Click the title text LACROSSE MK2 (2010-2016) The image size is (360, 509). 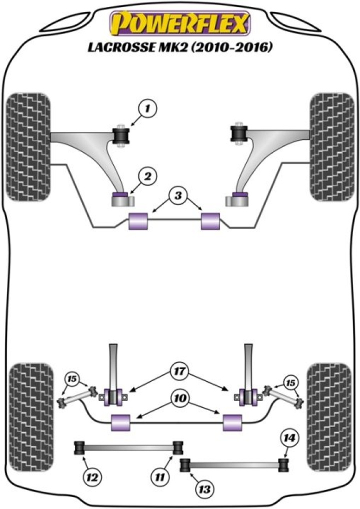[x=179, y=48]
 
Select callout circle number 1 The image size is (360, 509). [x=148, y=108]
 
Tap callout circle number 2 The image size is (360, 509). [x=148, y=175]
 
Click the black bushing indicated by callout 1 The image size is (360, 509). [x=121, y=135]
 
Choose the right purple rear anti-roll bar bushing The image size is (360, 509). [x=232, y=422]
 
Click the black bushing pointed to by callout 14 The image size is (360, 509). [x=283, y=465]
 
